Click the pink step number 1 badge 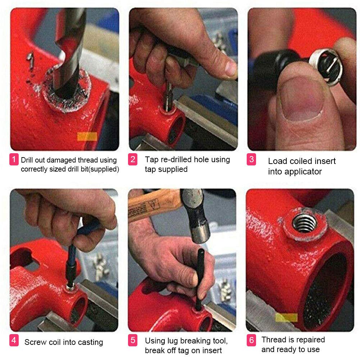(x=14, y=159)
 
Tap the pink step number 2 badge (x=133, y=159)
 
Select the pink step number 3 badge (x=251, y=159)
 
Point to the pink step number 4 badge (x=14, y=341)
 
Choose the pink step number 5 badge (x=133, y=341)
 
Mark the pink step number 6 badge (x=251, y=341)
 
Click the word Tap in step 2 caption (x=151, y=159)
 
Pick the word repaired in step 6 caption (x=308, y=340)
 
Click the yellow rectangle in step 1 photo (x=87, y=136)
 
